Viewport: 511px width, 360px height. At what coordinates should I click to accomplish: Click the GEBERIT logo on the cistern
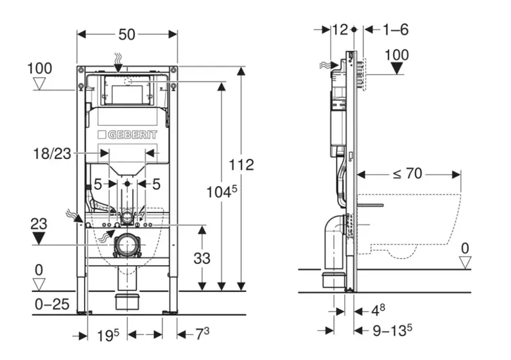pyautogui.click(x=126, y=135)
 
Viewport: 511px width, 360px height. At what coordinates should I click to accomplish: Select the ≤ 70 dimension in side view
pyautogui.click(x=409, y=173)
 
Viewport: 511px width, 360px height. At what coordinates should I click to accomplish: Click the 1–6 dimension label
pyautogui.click(x=395, y=29)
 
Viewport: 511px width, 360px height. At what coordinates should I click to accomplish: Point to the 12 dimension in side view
pyautogui.click(x=340, y=29)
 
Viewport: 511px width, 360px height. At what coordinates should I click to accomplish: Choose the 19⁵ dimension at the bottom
pyautogui.click(x=108, y=334)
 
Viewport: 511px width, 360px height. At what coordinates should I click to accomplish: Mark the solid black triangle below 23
pyautogui.click(x=40, y=239)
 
